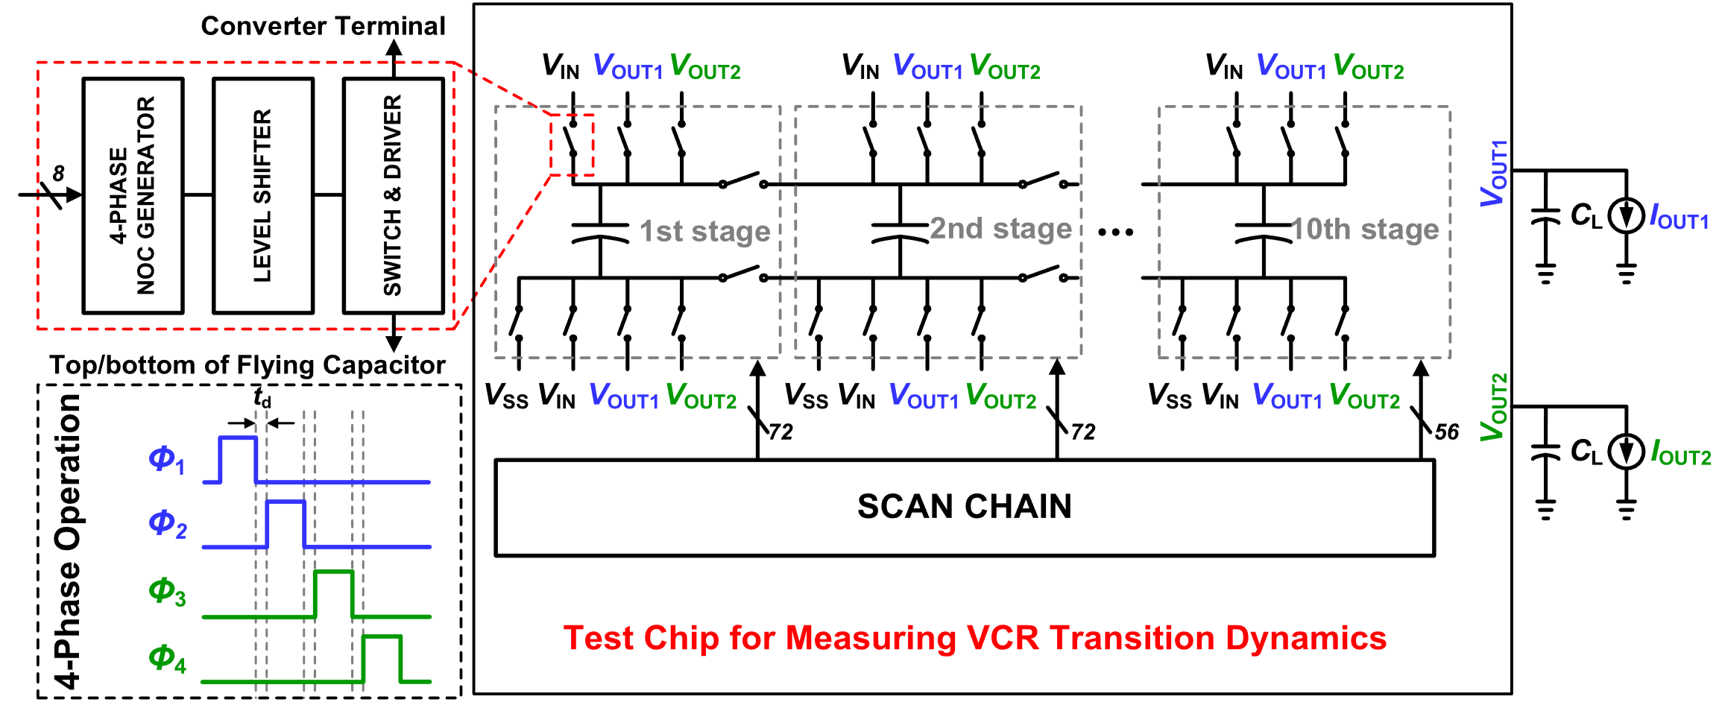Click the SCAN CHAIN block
pyautogui.click(x=964, y=508)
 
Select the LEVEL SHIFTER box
pyautogui.click(x=262, y=195)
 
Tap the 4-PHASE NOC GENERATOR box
pyautogui.click(x=133, y=195)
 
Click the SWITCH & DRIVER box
pyautogui.click(x=393, y=195)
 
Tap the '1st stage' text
pyautogui.click(x=704, y=231)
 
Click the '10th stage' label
pyautogui.click(x=1364, y=230)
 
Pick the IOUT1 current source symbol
pyautogui.click(x=1626, y=216)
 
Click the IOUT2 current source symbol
pyautogui.click(x=1626, y=452)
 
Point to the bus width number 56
pyautogui.click(x=1446, y=432)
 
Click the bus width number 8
pyautogui.click(x=58, y=174)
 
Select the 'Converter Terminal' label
pyautogui.click(x=323, y=26)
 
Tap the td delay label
pyautogui.click(x=262, y=397)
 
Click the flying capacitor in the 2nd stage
pyautogui.click(x=900, y=231)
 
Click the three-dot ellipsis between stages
pyautogui.click(x=1115, y=233)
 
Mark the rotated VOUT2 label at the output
pyautogui.click(x=1493, y=407)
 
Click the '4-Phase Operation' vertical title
pyautogui.click(x=68, y=541)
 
